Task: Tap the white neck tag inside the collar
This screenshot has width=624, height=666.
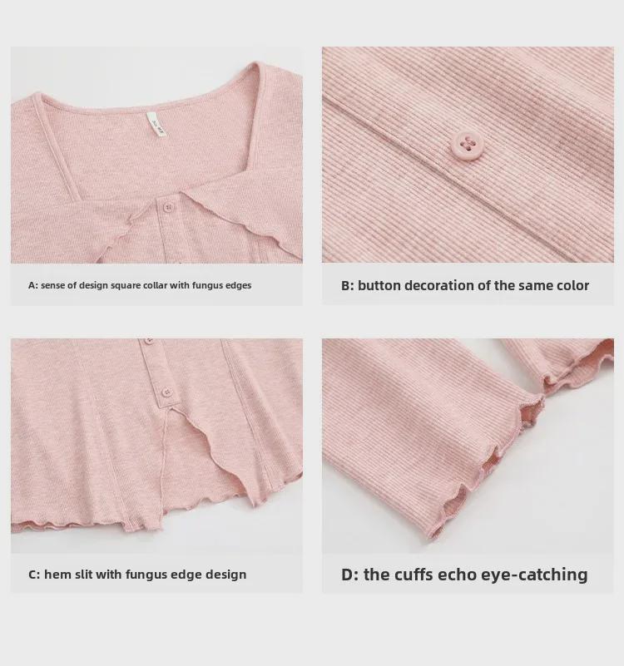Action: click(x=156, y=126)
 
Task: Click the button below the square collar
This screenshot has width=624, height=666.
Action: click(x=168, y=206)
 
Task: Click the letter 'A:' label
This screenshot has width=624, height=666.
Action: click(x=33, y=285)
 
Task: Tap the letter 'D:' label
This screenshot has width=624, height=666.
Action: click(x=350, y=575)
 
